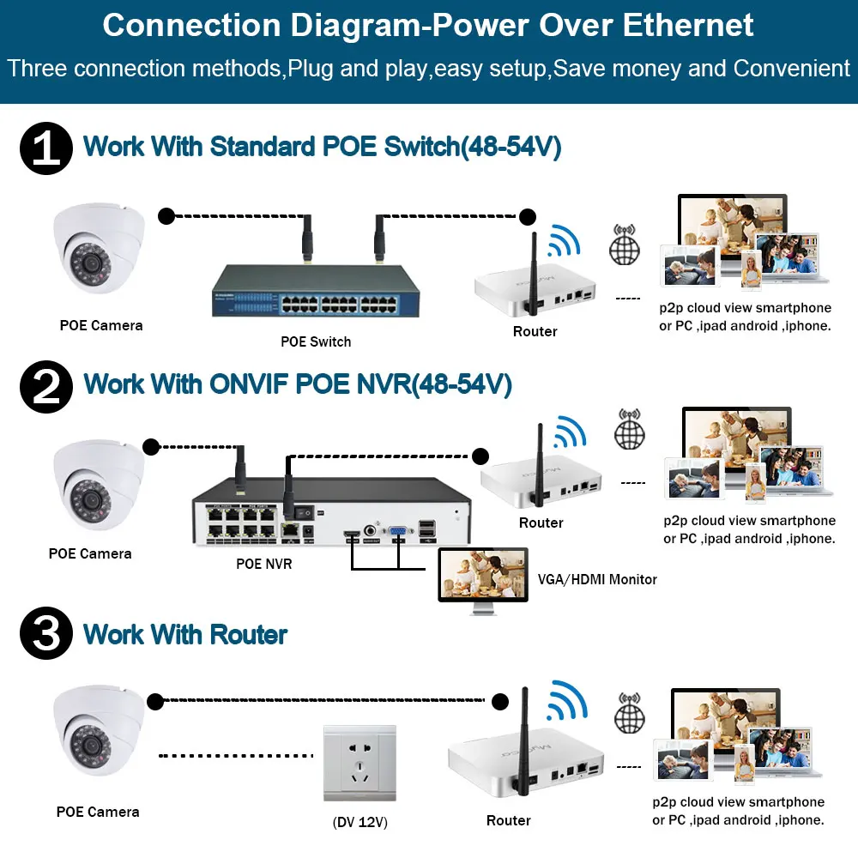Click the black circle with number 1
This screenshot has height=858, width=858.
click(46, 148)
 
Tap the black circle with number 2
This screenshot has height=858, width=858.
click(46, 386)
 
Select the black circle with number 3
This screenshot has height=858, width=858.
click(46, 633)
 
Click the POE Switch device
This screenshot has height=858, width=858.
click(316, 291)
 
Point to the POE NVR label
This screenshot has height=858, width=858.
click(263, 564)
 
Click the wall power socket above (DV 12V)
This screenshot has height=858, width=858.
click(360, 764)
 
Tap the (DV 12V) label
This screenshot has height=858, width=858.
click(360, 822)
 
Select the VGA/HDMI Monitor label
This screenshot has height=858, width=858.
click(597, 579)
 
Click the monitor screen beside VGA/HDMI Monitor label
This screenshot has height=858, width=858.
click(483, 575)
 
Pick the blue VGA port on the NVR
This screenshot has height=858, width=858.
click(398, 531)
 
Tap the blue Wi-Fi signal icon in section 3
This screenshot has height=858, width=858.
click(567, 700)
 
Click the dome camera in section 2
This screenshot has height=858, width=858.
click(99, 485)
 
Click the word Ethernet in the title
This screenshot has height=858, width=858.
click(688, 25)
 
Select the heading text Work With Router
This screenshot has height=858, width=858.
click(185, 635)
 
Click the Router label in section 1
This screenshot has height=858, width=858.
click(535, 331)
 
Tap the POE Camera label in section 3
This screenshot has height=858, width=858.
click(98, 812)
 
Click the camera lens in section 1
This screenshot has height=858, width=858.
click(91, 263)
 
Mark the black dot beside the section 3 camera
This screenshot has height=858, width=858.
click(155, 702)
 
